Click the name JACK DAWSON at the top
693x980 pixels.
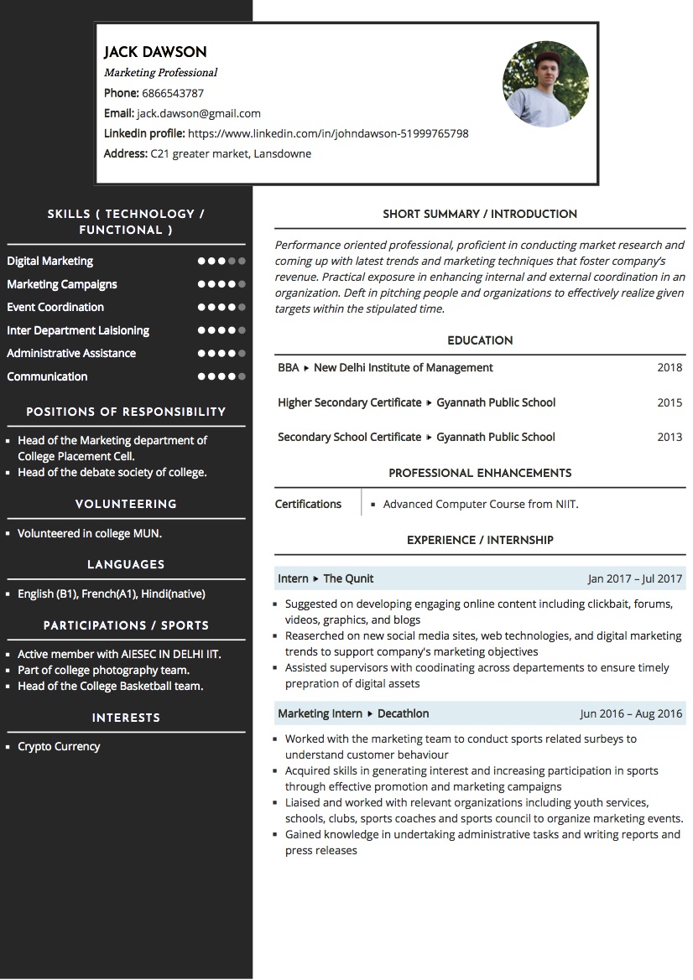155,52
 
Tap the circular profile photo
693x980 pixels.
545,85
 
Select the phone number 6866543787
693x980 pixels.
173,93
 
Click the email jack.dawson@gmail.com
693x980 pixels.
199,113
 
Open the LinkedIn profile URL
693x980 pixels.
328,133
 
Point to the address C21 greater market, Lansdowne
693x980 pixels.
231,153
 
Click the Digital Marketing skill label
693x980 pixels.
50,261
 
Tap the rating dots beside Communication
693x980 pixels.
221,376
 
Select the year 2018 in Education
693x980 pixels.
670,367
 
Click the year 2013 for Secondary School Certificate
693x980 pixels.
670,437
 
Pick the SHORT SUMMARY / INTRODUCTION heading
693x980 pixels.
480,214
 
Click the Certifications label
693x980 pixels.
308,504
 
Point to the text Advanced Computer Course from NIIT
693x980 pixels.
481,504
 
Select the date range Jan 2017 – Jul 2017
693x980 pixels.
635,578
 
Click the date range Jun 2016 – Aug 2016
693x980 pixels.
631,714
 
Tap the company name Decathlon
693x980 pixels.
403,713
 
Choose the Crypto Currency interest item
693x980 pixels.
59,746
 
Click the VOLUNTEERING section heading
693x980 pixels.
126,504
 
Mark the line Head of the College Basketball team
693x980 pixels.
111,686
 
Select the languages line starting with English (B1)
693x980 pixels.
112,594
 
